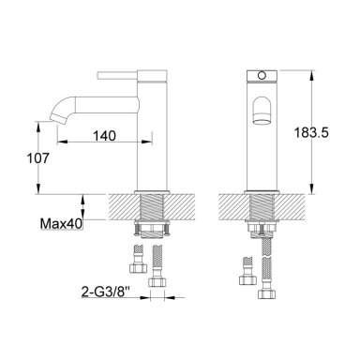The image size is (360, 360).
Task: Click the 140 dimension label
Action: [104, 136]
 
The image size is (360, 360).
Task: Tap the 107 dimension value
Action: [37, 158]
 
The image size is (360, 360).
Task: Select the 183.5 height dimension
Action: [311, 133]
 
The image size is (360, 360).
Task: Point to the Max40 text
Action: [61, 224]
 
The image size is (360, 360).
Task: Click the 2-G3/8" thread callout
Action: [106, 292]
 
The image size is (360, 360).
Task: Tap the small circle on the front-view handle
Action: [262, 75]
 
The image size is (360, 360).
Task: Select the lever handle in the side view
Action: [117, 76]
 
